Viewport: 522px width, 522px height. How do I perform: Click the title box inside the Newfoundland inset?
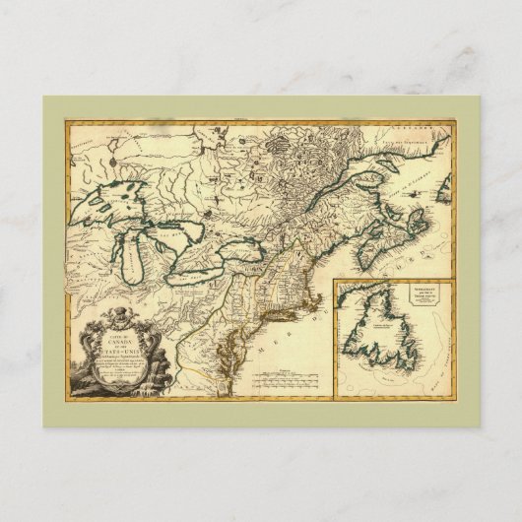pyautogui.click(x=380, y=295)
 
